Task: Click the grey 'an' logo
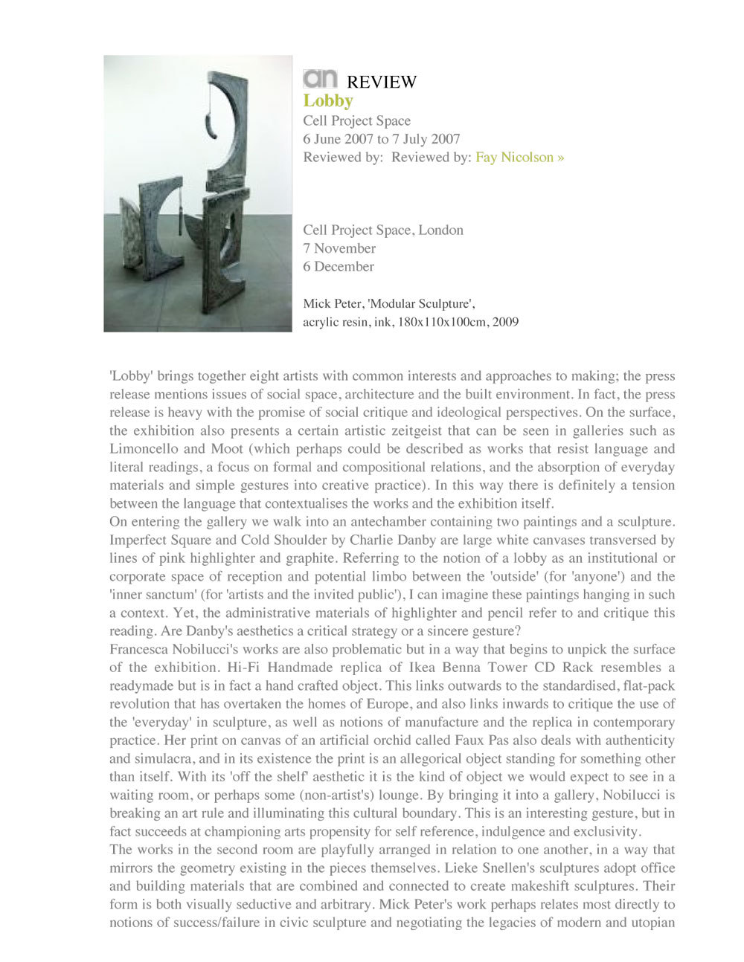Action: pyautogui.click(x=320, y=78)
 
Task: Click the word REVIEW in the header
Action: pyautogui.click(x=382, y=82)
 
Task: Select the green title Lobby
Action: pyautogui.click(x=327, y=101)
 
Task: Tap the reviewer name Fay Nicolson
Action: pyautogui.click(x=515, y=157)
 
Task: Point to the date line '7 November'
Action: pyautogui.click(x=339, y=248)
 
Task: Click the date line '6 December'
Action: pyautogui.click(x=338, y=266)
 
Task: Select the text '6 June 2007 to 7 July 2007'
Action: pyautogui.click(x=381, y=139)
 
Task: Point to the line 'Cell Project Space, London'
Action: pyautogui.click(x=382, y=230)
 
